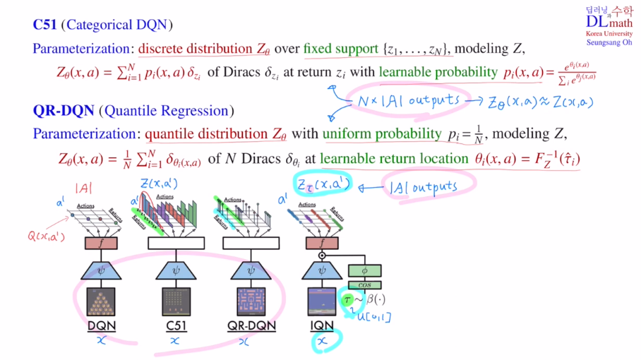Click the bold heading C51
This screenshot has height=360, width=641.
(45, 25)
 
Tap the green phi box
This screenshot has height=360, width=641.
(364, 270)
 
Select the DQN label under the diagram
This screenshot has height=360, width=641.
(102, 325)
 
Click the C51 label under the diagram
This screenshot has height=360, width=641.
(176, 325)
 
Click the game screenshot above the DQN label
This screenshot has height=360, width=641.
(102, 300)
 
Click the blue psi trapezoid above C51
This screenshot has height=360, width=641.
(176, 270)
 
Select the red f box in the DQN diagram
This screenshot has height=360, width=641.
(102, 243)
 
